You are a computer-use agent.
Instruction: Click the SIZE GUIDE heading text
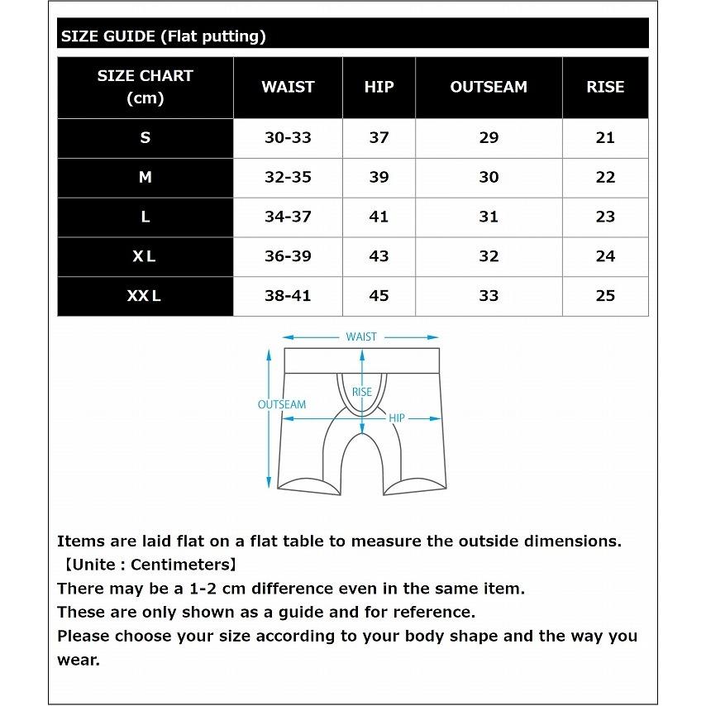click(163, 36)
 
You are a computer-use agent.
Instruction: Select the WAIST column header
click(288, 87)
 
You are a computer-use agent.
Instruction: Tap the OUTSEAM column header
click(489, 87)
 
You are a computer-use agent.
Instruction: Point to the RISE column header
click(605, 87)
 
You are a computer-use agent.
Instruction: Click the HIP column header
click(379, 87)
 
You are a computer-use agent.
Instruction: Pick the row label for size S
click(145, 138)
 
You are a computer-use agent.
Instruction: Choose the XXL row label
click(145, 296)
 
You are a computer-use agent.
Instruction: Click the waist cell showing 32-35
click(288, 177)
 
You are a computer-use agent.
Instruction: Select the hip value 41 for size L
click(379, 217)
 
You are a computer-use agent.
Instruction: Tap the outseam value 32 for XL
click(489, 256)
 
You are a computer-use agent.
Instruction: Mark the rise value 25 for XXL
click(605, 296)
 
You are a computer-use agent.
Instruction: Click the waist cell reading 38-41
click(288, 296)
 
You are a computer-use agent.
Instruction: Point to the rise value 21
click(605, 138)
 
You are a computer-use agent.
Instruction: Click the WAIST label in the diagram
click(361, 336)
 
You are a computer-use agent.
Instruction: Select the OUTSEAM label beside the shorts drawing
click(282, 405)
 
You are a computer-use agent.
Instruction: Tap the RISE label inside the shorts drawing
click(362, 392)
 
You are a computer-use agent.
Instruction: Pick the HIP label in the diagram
click(397, 419)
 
